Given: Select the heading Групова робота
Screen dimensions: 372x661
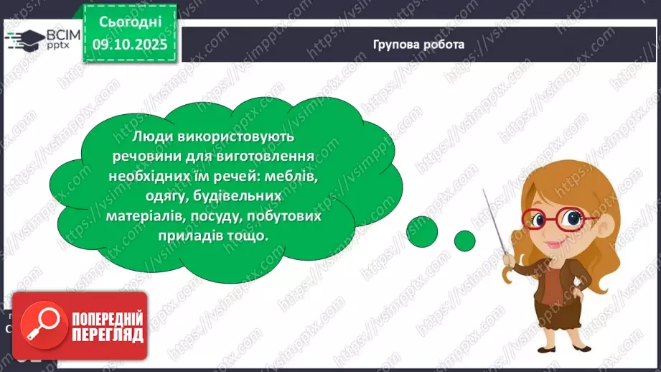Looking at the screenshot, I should (x=418, y=45).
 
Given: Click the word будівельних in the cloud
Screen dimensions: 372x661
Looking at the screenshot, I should (x=200, y=196).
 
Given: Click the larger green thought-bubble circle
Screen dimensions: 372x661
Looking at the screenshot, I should (x=422, y=230).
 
